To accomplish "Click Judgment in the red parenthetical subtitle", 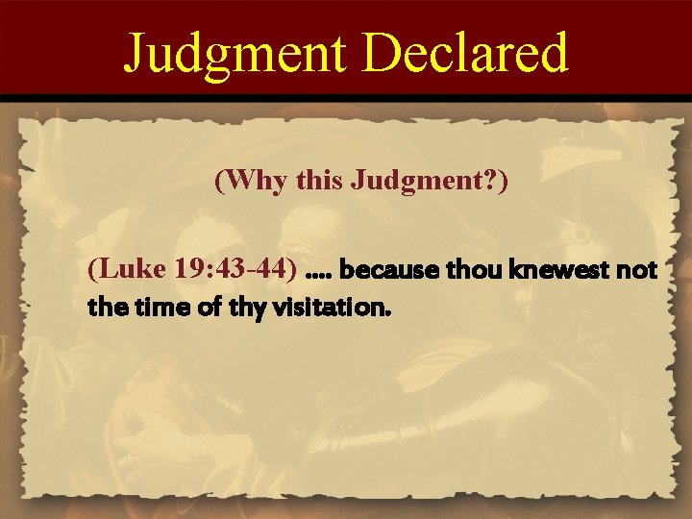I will [x=394, y=183].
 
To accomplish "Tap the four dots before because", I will [x=316, y=276].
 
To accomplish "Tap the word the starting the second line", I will [x=102, y=309].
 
